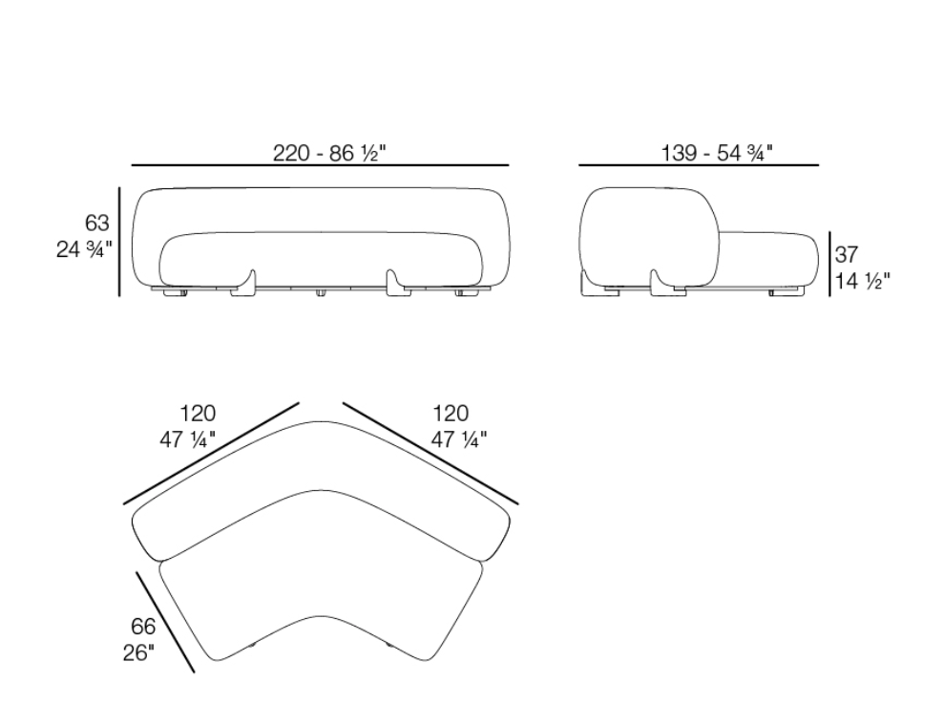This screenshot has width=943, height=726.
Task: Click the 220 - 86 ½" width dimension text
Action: click(328, 153)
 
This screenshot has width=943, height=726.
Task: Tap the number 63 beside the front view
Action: click(96, 224)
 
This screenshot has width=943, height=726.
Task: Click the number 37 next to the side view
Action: click(847, 255)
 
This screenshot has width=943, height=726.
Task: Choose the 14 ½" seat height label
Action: click(862, 282)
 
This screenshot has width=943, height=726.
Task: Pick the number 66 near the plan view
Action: click(142, 627)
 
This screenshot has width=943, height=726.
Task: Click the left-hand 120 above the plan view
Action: click(198, 414)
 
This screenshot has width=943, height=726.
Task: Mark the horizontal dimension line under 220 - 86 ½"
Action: click(320, 165)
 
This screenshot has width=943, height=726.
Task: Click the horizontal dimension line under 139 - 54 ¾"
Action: click(699, 165)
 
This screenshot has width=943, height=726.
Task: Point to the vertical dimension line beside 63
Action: click(119, 242)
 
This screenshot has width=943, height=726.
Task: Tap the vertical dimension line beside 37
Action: click(829, 264)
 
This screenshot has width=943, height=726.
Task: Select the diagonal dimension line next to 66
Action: click(165, 622)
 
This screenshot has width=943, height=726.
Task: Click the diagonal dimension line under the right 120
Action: click(430, 453)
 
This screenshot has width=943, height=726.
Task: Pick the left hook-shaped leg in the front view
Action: click(246, 286)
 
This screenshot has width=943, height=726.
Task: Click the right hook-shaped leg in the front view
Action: click(395, 286)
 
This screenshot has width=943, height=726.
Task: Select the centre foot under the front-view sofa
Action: click(321, 291)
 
